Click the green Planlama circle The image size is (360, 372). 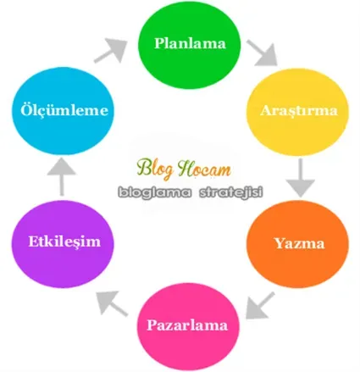(x=189, y=44)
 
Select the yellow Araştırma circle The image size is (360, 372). (x=297, y=112)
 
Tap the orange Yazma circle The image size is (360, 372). (x=297, y=244)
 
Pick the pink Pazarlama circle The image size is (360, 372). (x=188, y=326)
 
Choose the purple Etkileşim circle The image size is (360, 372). (x=63, y=244)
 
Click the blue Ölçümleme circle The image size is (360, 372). (x=63, y=111)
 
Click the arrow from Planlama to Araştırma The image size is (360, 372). (x=263, y=53)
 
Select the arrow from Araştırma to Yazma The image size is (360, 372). (x=301, y=177)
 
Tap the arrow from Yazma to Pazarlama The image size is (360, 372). (x=260, y=305)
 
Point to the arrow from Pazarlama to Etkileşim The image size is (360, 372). (x=112, y=303)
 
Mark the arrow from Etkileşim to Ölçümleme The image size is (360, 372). (x=62, y=177)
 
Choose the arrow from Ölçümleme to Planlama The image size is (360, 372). (x=111, y=51)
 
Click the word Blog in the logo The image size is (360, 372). (x=155, y=169)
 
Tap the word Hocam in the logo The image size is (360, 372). (x=205, y=169)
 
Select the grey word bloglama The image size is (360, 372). (x=155, y=192)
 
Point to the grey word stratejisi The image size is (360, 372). (x=231, y=192)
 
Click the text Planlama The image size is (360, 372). (x=190, y=43)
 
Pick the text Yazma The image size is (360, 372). (x=300, y=243)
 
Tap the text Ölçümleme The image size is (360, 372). (x=64, y=109)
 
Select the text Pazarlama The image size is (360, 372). (x=187, y=325)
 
